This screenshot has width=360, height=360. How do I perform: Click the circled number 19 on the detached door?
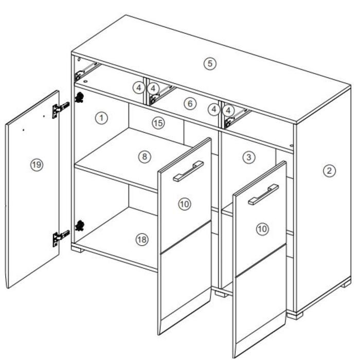tap(37, 165)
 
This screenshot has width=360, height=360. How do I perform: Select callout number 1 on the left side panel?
tap(101, 118)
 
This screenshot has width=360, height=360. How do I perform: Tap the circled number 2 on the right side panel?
tap(329, 171)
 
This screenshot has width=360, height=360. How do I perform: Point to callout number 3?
tap(249, 157)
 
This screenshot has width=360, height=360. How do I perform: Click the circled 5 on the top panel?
tap(210, 63)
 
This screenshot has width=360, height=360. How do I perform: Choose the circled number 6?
tap(190, 104)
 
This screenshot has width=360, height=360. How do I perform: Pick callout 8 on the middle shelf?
tap(145, 156)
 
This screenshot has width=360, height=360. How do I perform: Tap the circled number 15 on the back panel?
tap(158, 123)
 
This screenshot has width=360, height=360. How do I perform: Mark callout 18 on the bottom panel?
tap(142, 240)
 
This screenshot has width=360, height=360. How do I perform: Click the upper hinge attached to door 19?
tap(60, 109)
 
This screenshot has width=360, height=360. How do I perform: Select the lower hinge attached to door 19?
tap(60, 238)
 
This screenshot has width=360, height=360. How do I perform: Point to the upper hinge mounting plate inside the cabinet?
tap(79, 97)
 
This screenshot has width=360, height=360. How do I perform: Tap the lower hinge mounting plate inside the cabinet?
tap(80, 225)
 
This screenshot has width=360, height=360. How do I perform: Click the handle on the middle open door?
tap(189, 171)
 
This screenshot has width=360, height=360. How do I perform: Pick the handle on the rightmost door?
tap(263, 194)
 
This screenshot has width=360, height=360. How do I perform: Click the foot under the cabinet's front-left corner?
tap(78, 249)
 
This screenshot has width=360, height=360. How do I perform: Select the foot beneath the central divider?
tap(221, 294)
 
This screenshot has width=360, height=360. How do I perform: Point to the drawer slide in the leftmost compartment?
tap(87, 71)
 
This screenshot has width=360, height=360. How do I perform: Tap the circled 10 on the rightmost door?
tap(262, 229)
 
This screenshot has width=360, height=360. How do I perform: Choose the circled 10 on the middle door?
tap(185, 204)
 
